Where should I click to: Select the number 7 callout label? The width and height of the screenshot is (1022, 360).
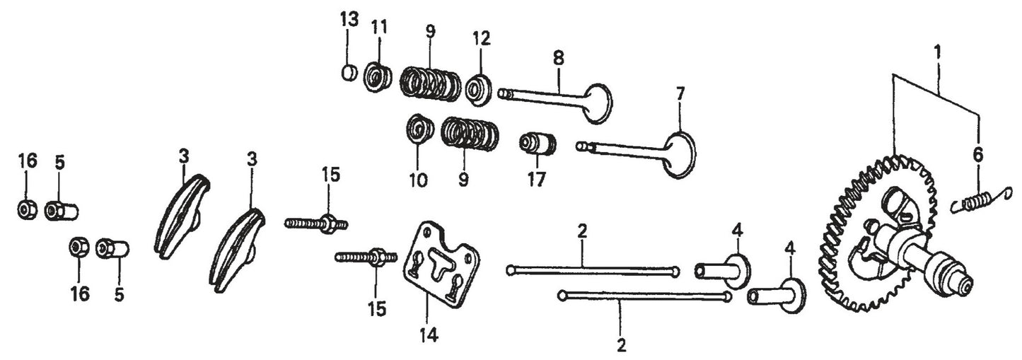pos(680,93)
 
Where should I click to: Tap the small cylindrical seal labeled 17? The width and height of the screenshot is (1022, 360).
pos(538,144)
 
